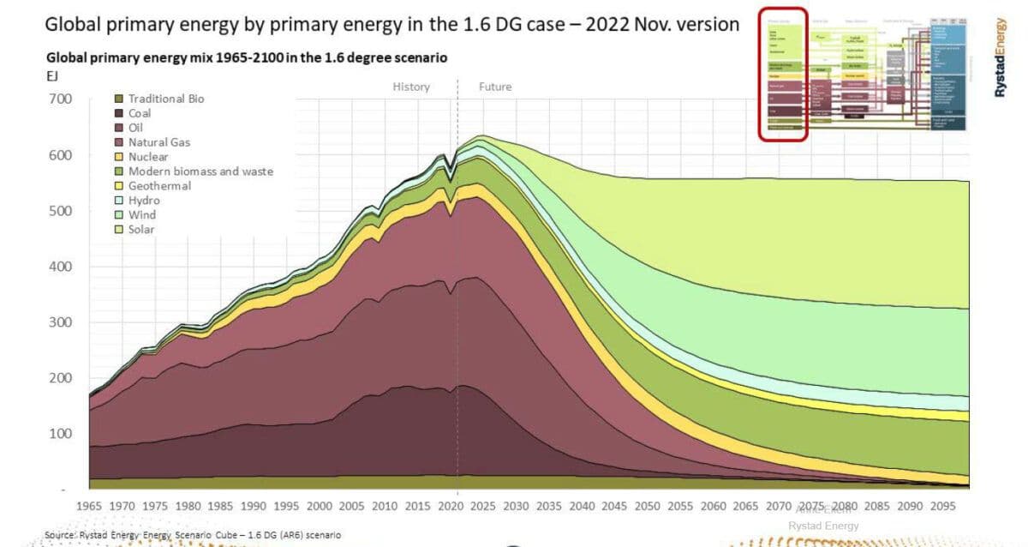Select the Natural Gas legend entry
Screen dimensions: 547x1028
(x=158, y=142)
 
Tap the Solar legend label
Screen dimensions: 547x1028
(x=141, y=230)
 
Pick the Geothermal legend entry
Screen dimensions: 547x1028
(x=158, y=186)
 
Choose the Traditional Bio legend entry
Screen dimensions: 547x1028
(x=166, y=99)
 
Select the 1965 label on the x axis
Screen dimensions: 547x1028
(x=89, y=507)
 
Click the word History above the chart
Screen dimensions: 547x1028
(x=411, y=87)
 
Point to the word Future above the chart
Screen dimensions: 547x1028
(x=494, y=87)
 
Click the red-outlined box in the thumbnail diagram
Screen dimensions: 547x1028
(x=782, y=73)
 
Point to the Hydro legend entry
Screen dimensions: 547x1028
(x=144, y=201)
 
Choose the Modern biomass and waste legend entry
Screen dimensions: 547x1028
(x=200, y=171)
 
